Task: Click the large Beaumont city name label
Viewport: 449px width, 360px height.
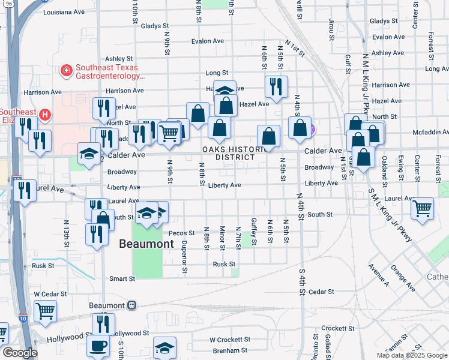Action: click(x=146, y=244)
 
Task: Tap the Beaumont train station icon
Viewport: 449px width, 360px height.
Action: click(x=131, y=305)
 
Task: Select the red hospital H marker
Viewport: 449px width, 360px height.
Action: click(x=44, y=114)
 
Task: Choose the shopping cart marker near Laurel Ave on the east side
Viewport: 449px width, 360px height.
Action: click(x=423, y=209)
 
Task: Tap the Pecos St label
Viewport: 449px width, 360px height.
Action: click(x=182, y=233)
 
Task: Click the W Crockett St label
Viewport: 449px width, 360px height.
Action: click(x=229, y=340)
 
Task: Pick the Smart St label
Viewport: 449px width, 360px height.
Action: click(x=122, y=278)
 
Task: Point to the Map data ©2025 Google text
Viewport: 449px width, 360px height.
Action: click(x=411, y=355)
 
